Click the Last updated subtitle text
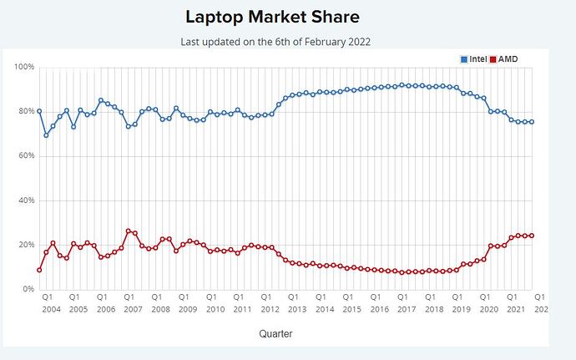(x=275, y=41)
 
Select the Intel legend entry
(x=473, y=59)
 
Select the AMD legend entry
(x=503, y=59)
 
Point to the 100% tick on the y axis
(x=24, y=67)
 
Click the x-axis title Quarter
(x=275, y=334)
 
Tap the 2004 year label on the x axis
(x=50, y=308)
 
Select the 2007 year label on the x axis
(x=132, y=308)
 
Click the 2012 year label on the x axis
(x=269, y=308)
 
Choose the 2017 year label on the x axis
(x=405, y=308)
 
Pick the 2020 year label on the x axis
(x=487, y=308)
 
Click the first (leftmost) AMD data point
(x=39, y=270)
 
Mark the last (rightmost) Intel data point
(x=532, y=122)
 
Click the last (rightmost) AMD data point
(x=532, y=236)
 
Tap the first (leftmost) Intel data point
(x=39, y=111)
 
